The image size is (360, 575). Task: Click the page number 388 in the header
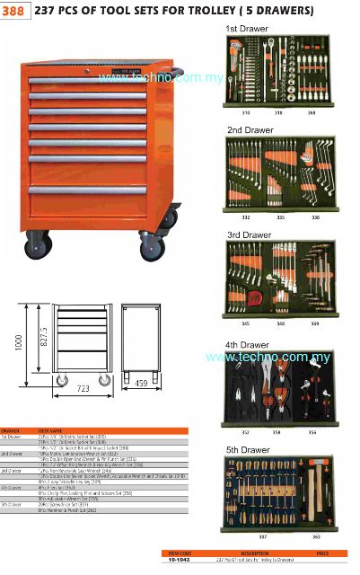(14, 11)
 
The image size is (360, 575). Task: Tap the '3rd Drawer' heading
(248, 234)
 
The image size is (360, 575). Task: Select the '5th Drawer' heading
(248, 448)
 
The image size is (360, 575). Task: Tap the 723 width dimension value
(82, 389)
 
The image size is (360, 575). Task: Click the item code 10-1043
(180, 559)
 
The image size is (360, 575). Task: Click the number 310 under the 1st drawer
(244, 114)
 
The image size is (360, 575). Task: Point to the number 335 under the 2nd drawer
(280, 217)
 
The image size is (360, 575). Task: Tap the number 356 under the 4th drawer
(311, 431)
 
